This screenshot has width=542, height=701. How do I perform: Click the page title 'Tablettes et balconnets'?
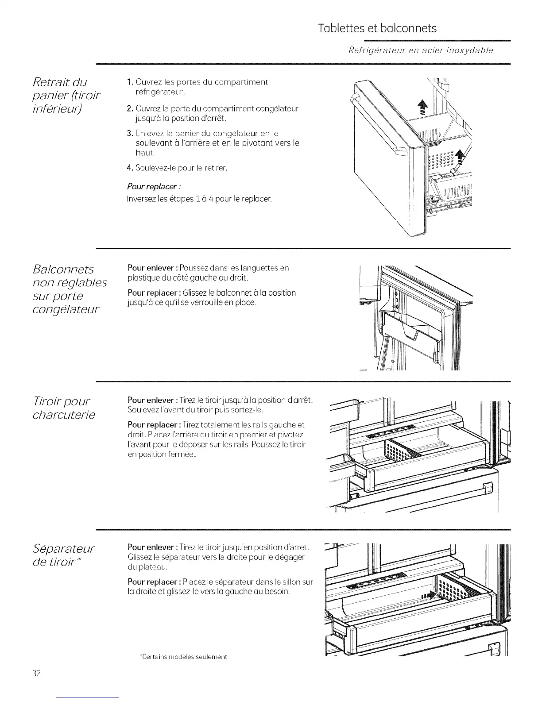click(x=377, y=28)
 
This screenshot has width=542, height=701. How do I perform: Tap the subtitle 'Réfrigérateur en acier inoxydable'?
click(x=421, y=50)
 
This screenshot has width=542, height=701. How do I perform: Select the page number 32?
click(x=36, y=674)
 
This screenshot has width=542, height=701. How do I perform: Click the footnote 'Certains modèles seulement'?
click(x=183, y=657)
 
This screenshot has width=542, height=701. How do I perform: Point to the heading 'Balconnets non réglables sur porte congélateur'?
click(x=70, y=289)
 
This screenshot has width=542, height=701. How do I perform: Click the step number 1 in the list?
click(x=129, y=82)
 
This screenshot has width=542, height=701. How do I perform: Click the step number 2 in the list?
click(x=129, y=109)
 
